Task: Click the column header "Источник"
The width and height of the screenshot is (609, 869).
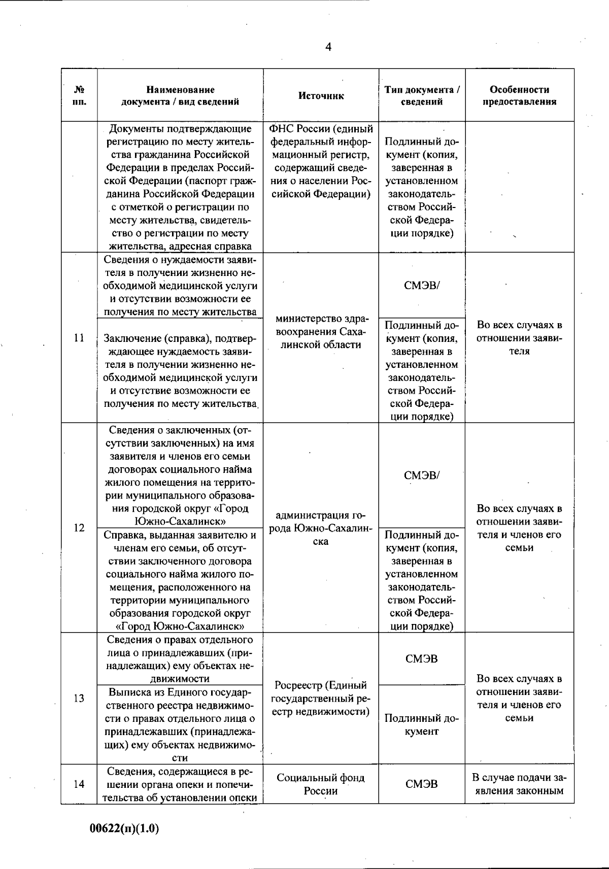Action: (321, 96)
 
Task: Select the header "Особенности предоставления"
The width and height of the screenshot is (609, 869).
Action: (519, 95)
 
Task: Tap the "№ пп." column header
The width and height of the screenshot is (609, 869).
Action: (79, 95)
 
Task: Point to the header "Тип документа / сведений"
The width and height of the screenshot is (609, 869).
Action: (422, 95)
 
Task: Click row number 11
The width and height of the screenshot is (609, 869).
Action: (79, 338)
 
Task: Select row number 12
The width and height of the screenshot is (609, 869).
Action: (79, 528)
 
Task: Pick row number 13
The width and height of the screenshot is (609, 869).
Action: (79, 699)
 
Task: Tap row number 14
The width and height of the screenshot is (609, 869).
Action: (79, 784)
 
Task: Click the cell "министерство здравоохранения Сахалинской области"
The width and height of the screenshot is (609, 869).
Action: (321, 332)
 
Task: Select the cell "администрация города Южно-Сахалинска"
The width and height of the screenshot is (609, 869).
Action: (321, 528)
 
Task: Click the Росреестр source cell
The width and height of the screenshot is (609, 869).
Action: (321, 699)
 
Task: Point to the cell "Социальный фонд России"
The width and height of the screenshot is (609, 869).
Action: (321, 784)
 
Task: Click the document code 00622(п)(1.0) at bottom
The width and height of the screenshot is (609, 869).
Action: (125, 828)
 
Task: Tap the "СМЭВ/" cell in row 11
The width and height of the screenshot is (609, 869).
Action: (422, 285)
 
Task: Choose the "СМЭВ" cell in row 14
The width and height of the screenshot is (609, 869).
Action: (422, 784)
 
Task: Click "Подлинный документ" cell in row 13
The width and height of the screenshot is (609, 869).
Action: (422, 724)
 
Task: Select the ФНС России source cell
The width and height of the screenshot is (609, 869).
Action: (321, 161)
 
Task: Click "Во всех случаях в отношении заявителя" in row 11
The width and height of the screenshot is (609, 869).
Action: (519, 338)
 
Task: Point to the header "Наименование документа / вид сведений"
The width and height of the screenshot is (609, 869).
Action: (180, 95)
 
